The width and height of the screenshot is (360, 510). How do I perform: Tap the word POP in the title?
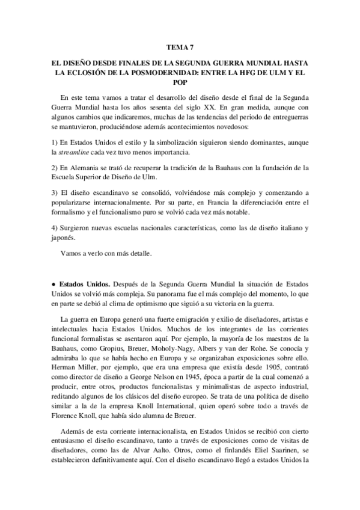pyautogui.click(x=180, y=82)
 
